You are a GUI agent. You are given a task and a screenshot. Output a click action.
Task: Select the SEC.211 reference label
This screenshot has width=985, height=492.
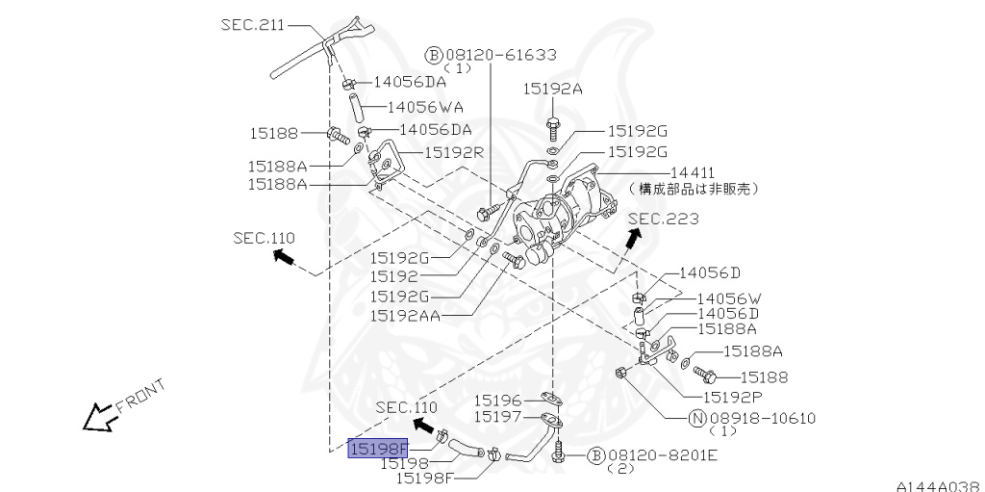click(x=252, y=25)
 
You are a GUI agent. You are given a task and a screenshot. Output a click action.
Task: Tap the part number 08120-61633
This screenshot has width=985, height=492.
click(x=500, y=55)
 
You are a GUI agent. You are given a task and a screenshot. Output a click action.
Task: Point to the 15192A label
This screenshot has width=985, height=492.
click(x=552, y=88)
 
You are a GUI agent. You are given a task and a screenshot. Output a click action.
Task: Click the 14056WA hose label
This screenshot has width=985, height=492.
click(x=426, y=107)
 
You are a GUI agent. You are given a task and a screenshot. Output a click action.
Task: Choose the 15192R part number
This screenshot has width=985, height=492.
click(x=453, y=152)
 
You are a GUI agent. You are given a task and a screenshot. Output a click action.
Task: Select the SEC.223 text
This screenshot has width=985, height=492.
click(x=663, y=219)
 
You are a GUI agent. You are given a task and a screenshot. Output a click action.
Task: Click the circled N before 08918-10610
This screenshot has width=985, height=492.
click(x=697, y=418)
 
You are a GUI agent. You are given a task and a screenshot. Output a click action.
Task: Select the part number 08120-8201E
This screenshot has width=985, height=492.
click(x=663, y=454)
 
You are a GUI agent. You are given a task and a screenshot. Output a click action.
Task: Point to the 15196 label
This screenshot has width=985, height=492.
click(x=496, y=400)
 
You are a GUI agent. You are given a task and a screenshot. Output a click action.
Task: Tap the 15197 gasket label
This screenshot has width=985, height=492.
click(x=496, y=417)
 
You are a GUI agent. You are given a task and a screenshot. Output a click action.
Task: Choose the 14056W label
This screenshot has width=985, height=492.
click(x=728, y=298)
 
